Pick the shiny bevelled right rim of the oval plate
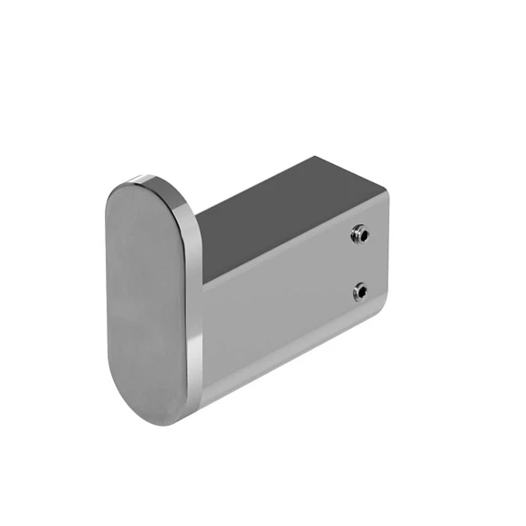click(x=193, y=301)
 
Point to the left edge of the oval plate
click(x=107, y=301)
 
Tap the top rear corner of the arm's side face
click(x=386, y=193)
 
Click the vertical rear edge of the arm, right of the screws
click(x=387, y=264)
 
